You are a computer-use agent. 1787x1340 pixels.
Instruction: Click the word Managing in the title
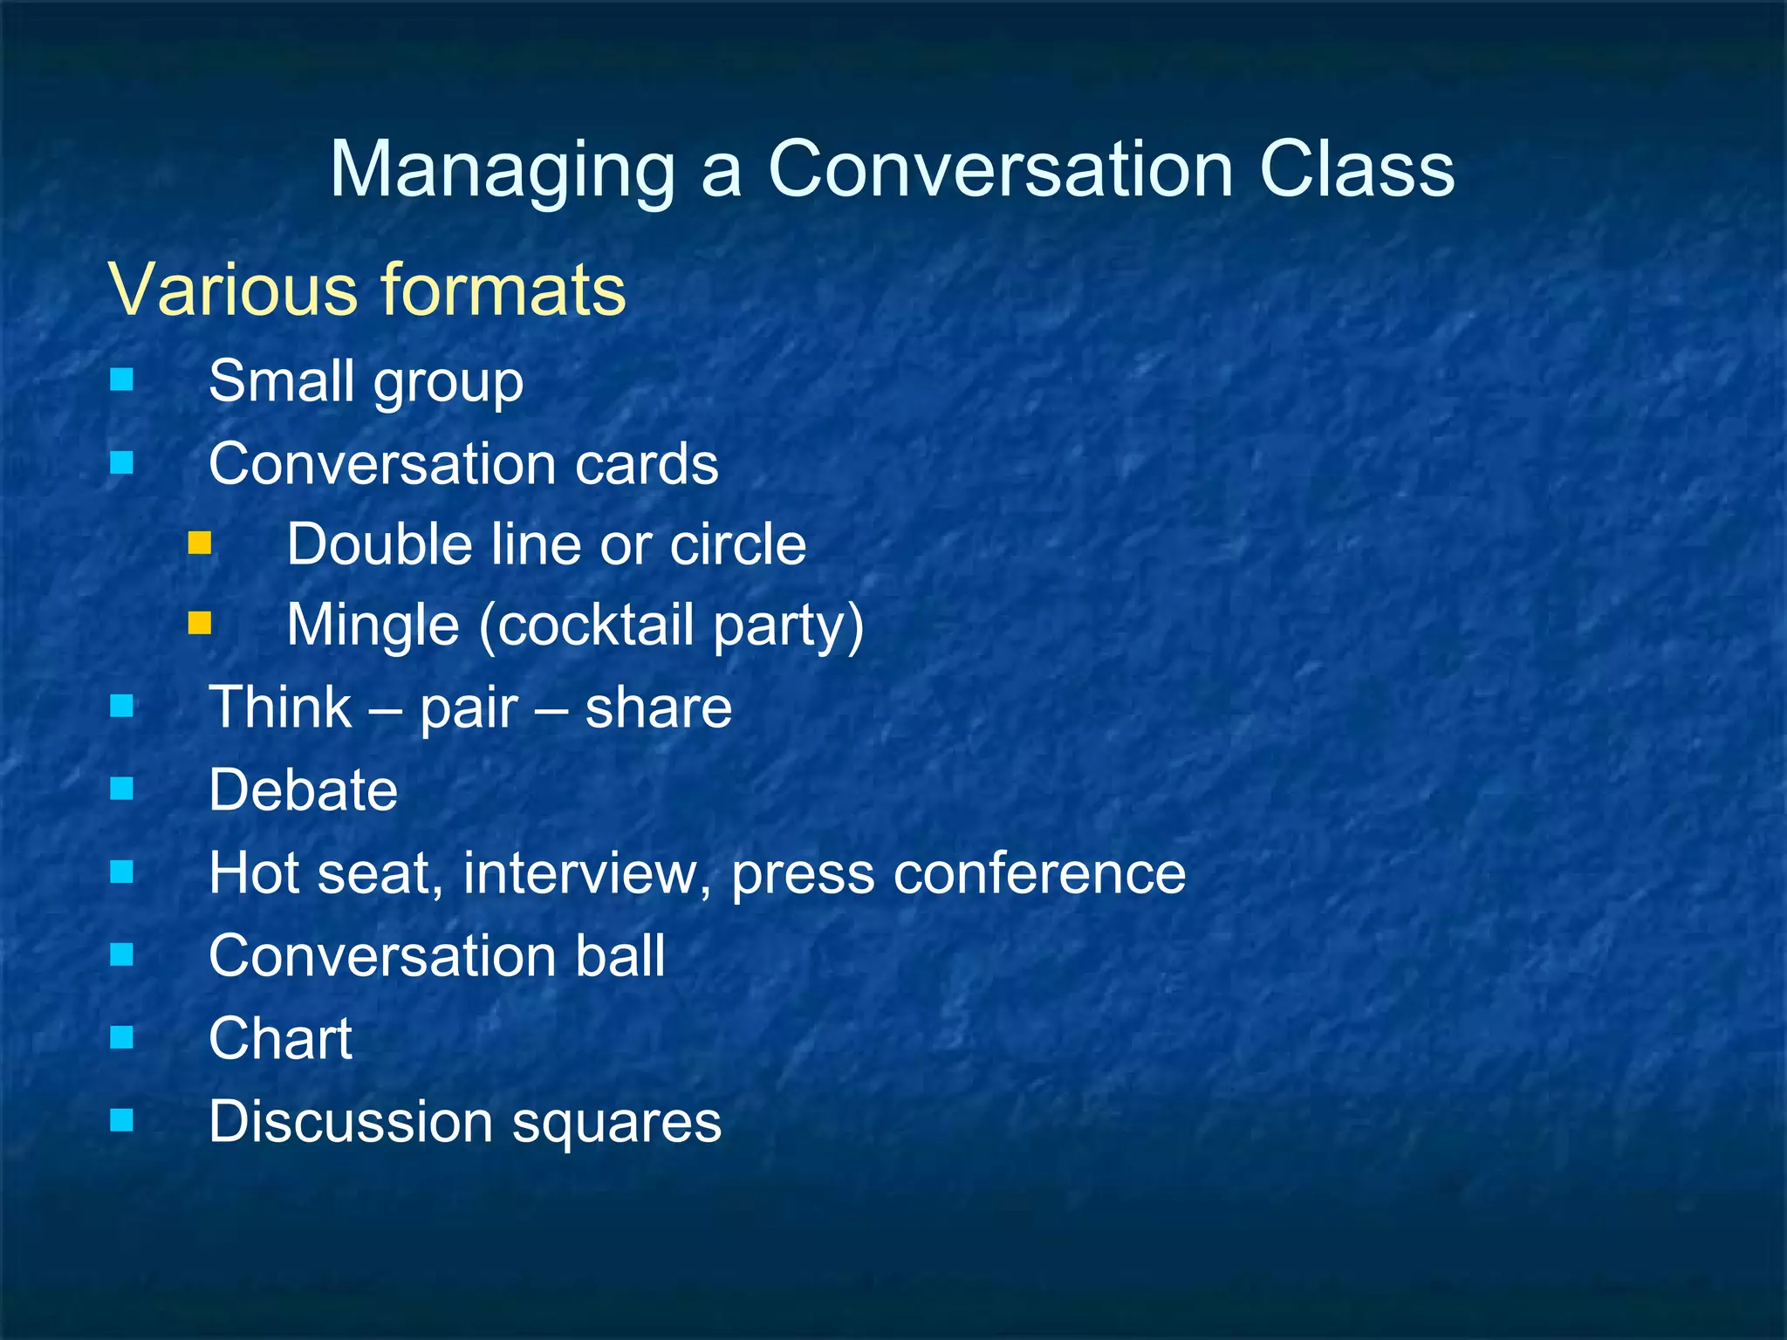[502, 170]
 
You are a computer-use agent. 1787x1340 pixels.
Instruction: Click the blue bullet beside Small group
[122, 379]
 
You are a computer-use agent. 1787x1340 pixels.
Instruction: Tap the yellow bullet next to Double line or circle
[200, 544]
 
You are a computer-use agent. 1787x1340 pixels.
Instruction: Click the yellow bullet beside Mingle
[200, 623]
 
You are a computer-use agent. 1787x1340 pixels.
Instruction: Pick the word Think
[280, 707]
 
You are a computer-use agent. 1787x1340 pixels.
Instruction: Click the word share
[658, 708]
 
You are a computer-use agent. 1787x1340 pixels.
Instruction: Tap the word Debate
[303, 790]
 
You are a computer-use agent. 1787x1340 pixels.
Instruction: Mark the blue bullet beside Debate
[122, 789]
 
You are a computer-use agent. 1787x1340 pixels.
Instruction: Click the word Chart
[280, 1038]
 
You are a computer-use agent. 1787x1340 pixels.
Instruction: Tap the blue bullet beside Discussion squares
[122, 1119]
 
